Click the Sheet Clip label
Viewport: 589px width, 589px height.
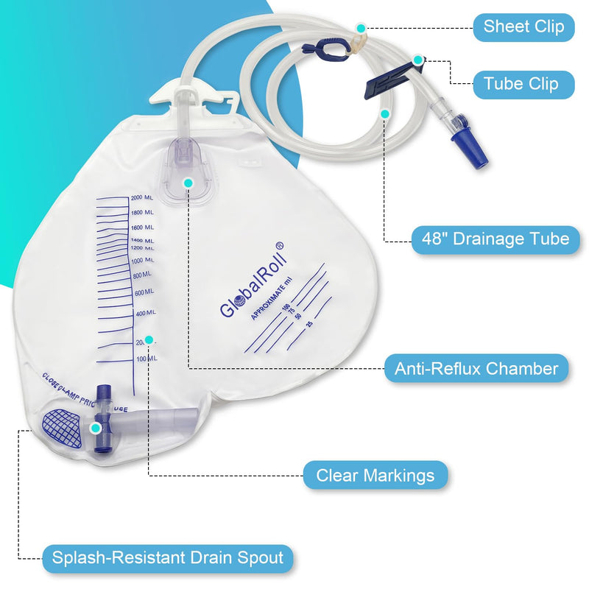[523, 27]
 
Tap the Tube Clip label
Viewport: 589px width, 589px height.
[521, 84]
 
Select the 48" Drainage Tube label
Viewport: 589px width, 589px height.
[495, 239]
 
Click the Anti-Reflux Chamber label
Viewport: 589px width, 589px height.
[476, 367]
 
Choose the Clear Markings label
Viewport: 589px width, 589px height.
[375, 476]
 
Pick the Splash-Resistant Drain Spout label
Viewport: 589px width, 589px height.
[167, 557]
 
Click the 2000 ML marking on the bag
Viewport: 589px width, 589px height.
[141, 198]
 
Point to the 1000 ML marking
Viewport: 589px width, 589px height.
[141, 261]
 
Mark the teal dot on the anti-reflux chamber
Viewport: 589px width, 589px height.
[188, 182]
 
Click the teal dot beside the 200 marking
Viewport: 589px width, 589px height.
[149, 339]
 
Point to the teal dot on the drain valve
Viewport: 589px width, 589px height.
[94, 428]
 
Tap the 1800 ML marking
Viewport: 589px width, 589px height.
[141, 213]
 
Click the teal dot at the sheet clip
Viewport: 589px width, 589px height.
[361, 28]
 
